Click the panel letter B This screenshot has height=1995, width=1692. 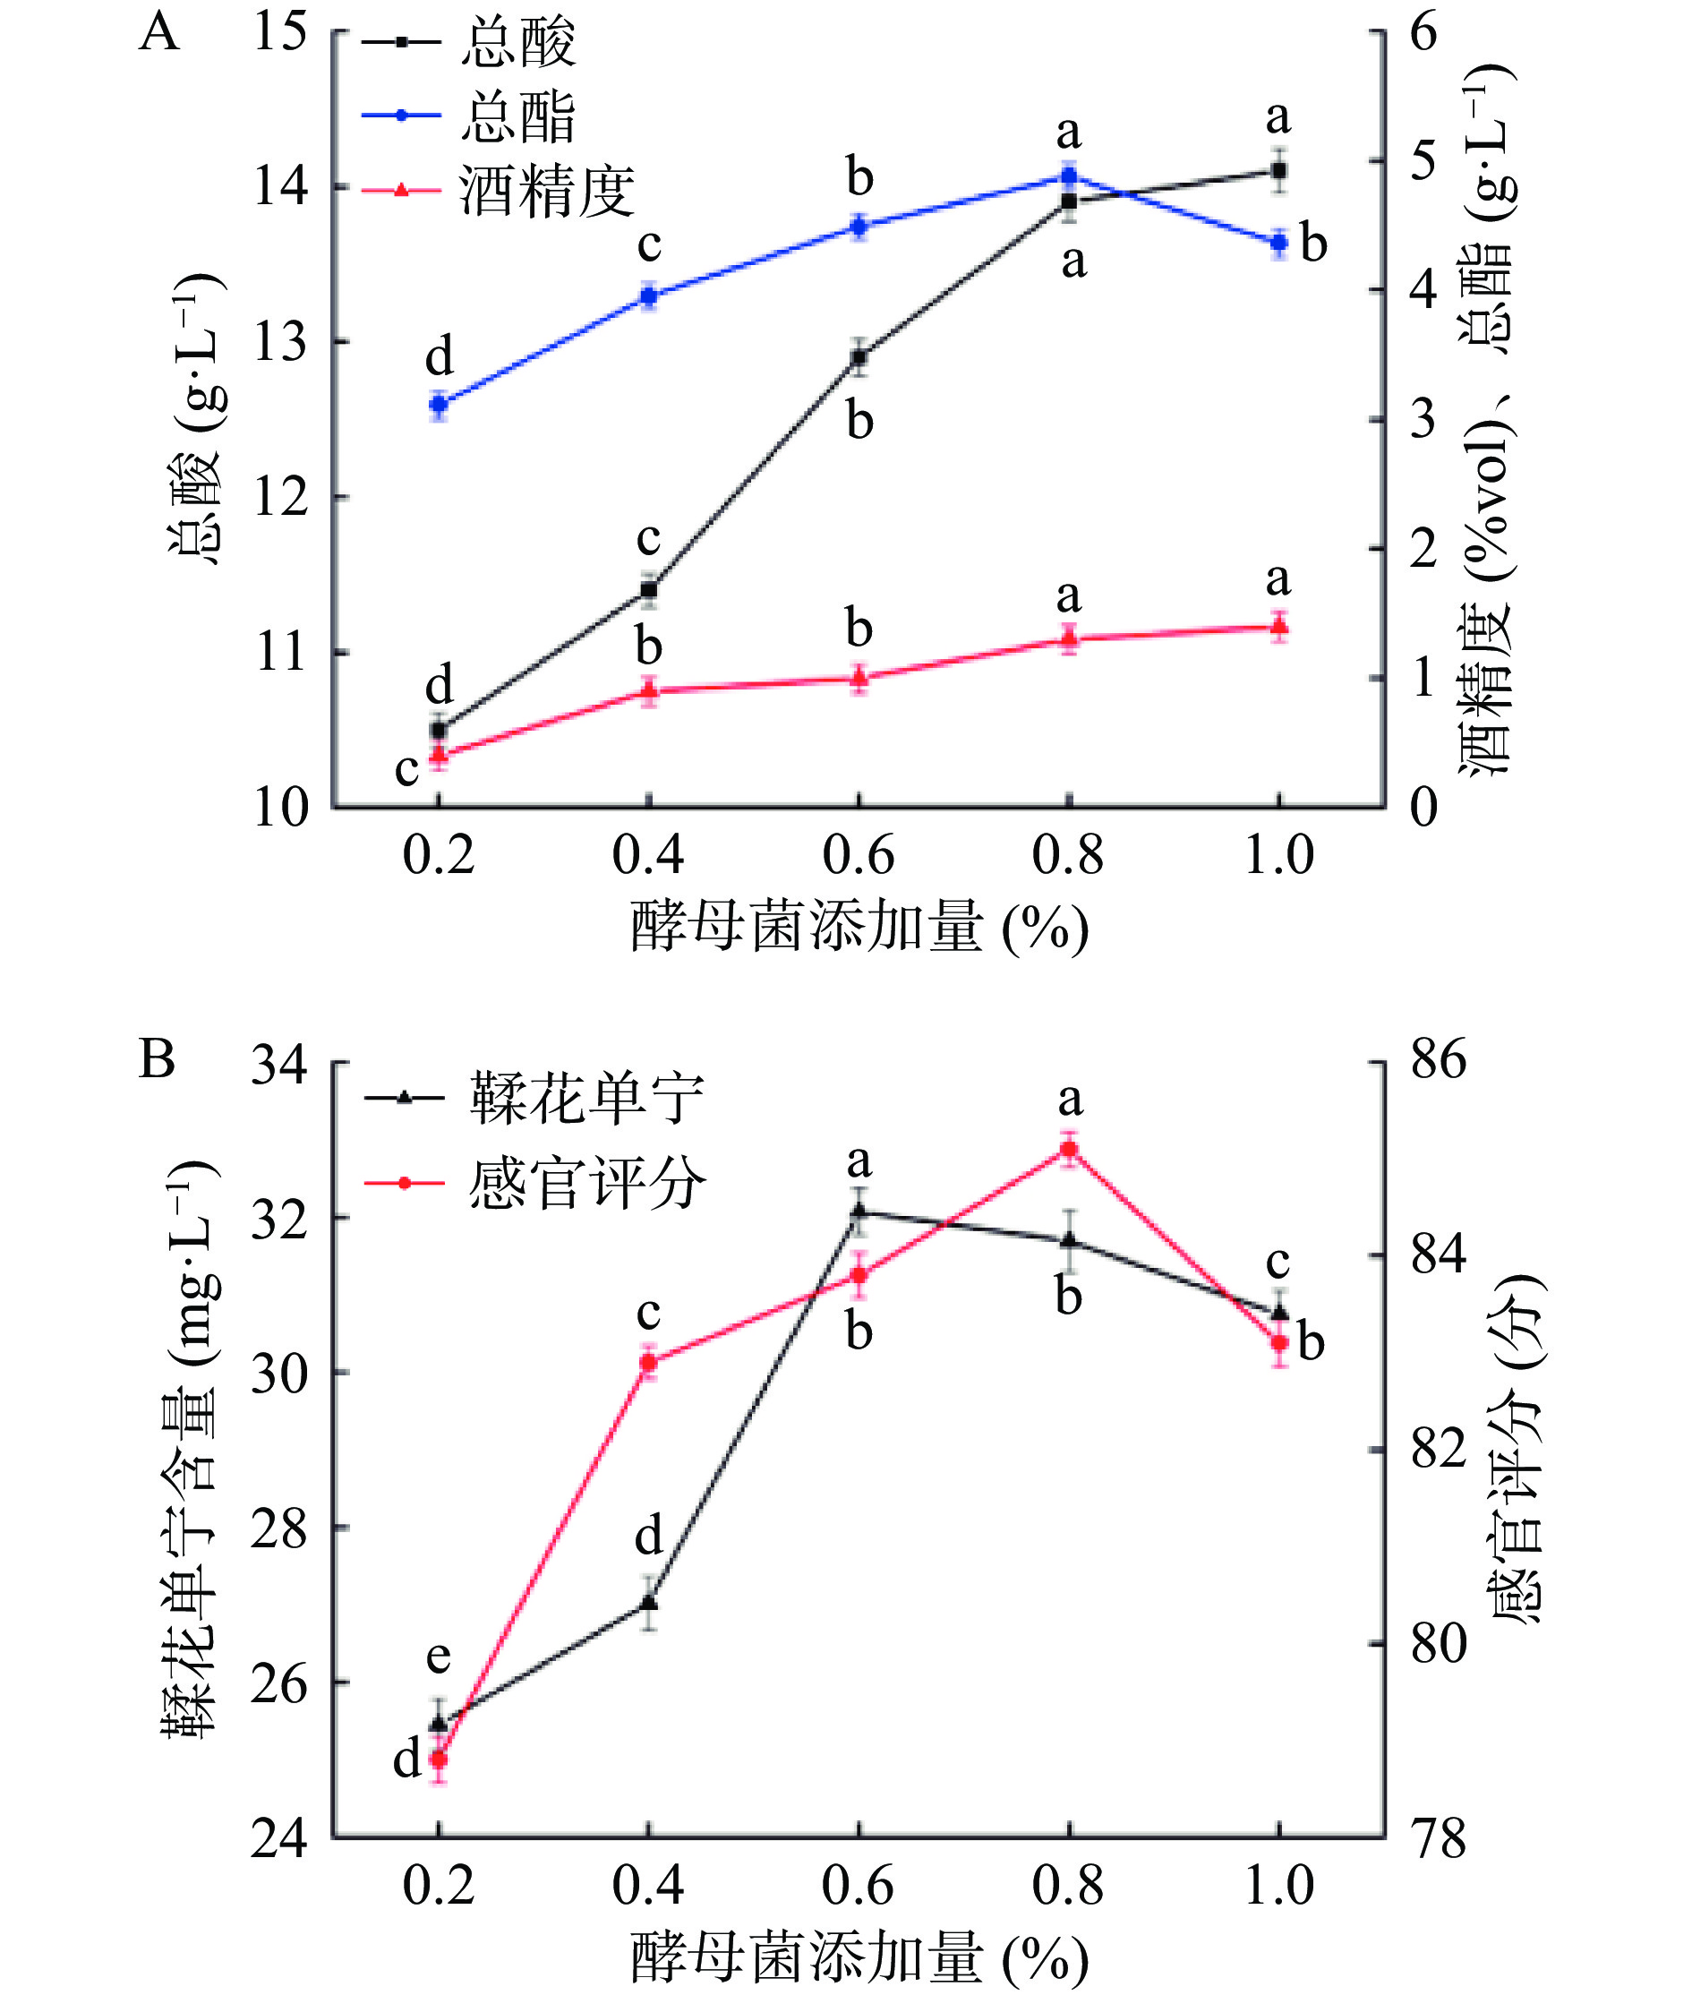coord(158,1060)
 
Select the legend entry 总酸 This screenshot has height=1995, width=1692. coord(518,42)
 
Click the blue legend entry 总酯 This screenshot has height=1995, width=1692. coord(518,116)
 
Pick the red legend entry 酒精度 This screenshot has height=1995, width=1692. coord(547,190)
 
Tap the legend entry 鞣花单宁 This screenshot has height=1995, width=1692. coord(586,1098)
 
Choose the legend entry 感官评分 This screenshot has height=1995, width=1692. coord(586,1183)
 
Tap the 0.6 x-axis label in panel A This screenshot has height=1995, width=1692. coord(859,855)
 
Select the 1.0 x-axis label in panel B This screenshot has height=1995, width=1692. coord(1278,1885)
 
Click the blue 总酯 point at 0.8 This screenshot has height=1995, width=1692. coord(1069,176)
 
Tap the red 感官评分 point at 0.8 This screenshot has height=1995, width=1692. coord(1070,1149)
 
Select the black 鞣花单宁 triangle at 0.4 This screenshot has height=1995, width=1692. coord(649,1601)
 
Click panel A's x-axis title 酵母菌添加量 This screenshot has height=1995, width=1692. coord(806,927)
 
